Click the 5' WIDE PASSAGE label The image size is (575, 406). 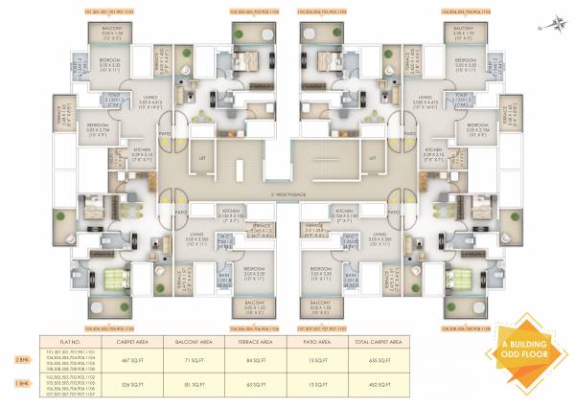[x=287, y=195]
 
